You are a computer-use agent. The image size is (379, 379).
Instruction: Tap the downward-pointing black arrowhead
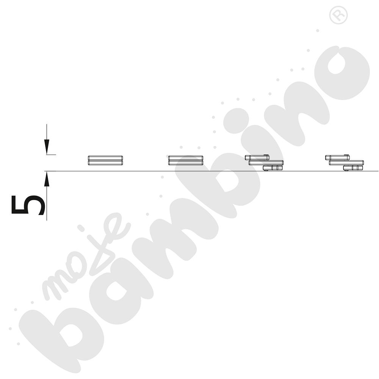(x=47, y=147)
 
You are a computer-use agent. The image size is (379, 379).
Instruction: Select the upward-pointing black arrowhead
(x=47, y=179)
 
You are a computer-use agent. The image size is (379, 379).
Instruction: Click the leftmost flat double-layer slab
(x=105, y=160)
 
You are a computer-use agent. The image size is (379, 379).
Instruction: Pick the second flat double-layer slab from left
(x=186, y=160)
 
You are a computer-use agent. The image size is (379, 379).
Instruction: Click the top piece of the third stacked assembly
(x=257, y=157)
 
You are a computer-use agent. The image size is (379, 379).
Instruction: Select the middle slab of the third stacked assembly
(x=266, y=163)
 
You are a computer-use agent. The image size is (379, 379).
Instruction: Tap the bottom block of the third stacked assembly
(x=273, y=168)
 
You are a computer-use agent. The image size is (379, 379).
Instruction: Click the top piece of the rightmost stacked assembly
(x=337, y=157)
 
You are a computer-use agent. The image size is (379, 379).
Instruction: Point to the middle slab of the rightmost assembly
(x=346, y=163)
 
